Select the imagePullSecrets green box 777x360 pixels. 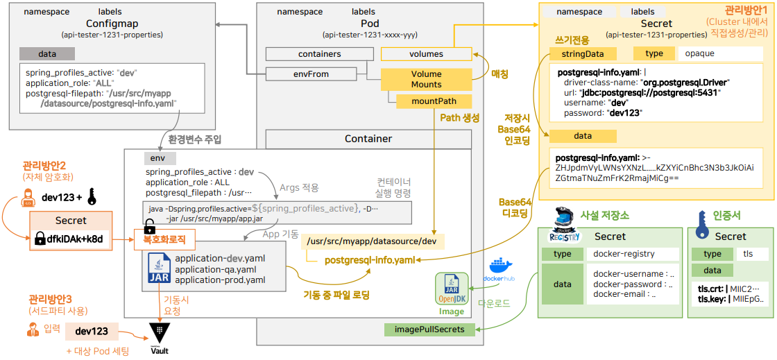click(429, 329)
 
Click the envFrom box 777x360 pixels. click(311, 74)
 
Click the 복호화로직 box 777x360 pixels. click(164, 240)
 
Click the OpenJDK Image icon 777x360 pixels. click(452, 291)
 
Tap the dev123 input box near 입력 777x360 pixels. click(92, 331)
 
